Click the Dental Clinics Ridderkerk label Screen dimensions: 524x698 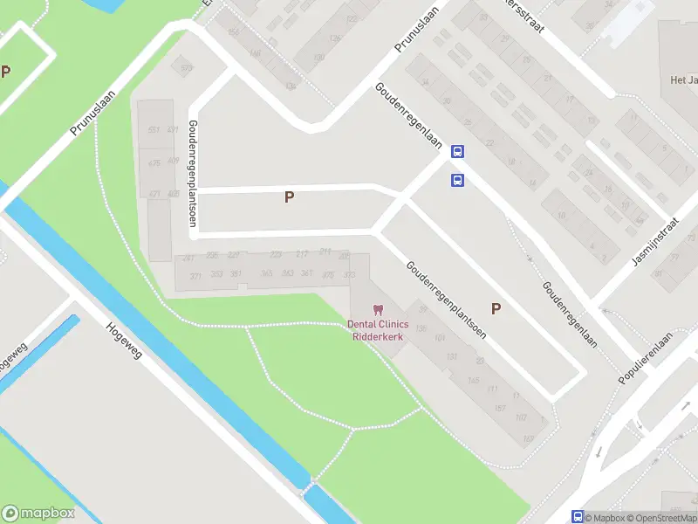tap(378, 330)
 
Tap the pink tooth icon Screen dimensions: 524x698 tap(378, 309)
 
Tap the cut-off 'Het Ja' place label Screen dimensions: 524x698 tap(683, 80)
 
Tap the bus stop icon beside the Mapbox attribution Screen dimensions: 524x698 tap(577, 517)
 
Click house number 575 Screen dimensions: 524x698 tap(186, 67)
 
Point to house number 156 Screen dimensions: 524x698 tap(234, 32)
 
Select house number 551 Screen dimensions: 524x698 tap(154, 130)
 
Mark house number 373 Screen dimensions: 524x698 tap(350, 275)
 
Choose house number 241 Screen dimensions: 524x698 tap(325, 252)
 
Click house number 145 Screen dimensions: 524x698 tap(473, 380)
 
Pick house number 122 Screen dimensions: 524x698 tap(352, 18)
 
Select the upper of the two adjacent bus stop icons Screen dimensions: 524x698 tap(456, 152)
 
